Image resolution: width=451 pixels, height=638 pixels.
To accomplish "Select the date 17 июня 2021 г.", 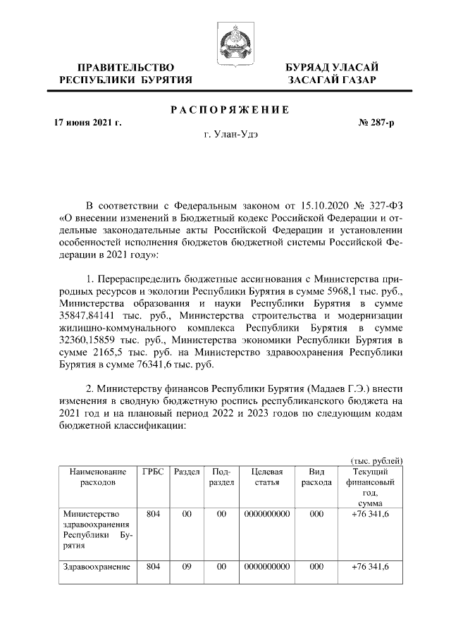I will coord(88,123).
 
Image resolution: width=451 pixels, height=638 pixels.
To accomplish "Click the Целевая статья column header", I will coord(266,477).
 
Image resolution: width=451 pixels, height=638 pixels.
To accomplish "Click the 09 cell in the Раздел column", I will coord(187,567).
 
